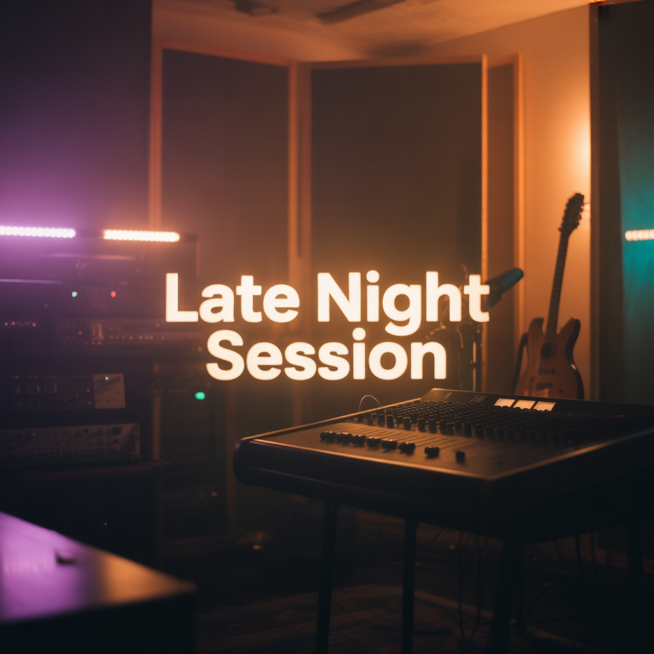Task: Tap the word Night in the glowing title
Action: point(403,302)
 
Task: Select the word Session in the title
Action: point(326,355)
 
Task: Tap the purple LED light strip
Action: point(38,232)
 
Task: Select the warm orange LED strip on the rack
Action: point(141,236)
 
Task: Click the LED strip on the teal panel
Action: point(639,235)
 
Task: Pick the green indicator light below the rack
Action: point(200,395)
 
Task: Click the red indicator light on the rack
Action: point(113,294)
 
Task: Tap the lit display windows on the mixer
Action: point(525,404)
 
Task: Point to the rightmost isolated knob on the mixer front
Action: point(460,456)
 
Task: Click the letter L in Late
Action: point(181,298)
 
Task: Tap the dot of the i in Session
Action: point(359,333)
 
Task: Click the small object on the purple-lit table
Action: point(66,558)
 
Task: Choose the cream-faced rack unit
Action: point(109,390)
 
